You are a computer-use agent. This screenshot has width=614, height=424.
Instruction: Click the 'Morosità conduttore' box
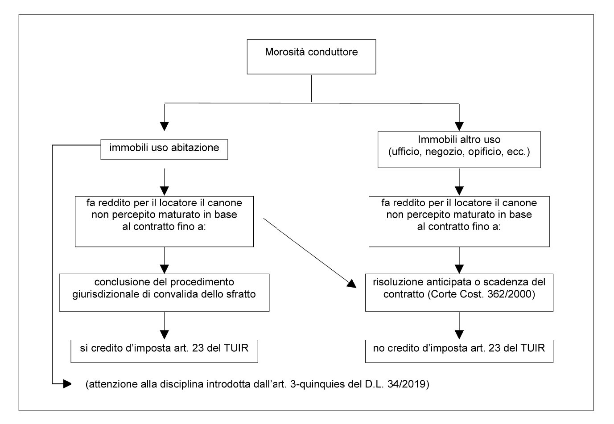tap(311, 57)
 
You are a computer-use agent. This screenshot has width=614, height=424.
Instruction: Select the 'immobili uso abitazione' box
tap(164, 149)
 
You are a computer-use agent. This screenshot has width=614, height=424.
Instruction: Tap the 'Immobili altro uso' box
tap(459, 149)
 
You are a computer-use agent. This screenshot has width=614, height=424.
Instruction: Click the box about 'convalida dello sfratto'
tap(164, 292)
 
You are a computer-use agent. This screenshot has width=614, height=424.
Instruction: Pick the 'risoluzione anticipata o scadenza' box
tap(459, 292)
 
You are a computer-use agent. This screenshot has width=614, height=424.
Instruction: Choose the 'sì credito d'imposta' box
tap(164, 351)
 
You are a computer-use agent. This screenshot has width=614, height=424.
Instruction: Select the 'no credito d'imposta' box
tap(459, 351)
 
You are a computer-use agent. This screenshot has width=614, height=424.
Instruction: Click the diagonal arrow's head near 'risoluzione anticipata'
tap(352, 284)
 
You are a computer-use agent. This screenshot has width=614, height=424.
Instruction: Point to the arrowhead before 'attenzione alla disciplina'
tap(67, 384)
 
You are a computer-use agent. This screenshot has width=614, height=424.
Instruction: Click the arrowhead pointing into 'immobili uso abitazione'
tap(164, 126)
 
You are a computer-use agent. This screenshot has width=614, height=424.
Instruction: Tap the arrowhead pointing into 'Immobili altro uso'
tap(459, 126)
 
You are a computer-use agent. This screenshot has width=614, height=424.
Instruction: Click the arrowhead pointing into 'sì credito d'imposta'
tap(164, 335)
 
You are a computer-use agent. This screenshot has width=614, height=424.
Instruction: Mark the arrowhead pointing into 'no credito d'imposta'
tap(459, 335)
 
